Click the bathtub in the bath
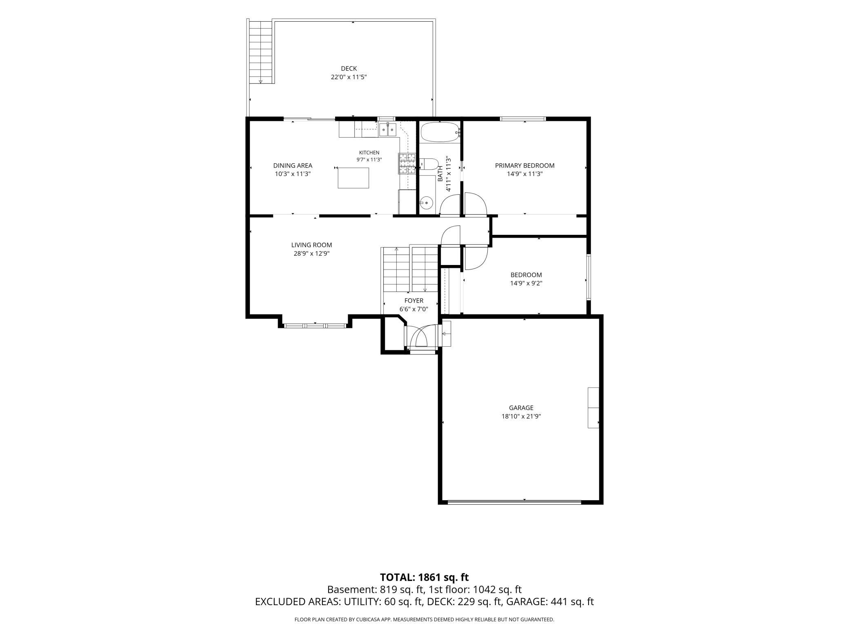pyautogui.click(x=440, y=132)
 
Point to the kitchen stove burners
pyautogui.click(x=407, y=163)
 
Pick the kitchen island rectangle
pyautogui.click(x=353, y=178)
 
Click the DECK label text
pyautogui.click(x=349, y=69)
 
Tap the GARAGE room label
pyautogui.click(x=521, y=408)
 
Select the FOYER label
pyautogui.click(x=414, y=301)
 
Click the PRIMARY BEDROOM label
pyautogui.click(x=525, y=165)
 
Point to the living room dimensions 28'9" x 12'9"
pyautogui.click(x=311, y=254)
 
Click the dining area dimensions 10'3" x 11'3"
pyautogui.click(x=293, y=174)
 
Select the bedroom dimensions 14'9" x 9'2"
pyautogui.click(x=526, y=283)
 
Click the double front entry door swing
pyautogui.click(x=422, y=335)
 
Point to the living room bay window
pyautogui.click(x=315, y=325)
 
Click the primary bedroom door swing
pyautogui.click(x=476, y=203)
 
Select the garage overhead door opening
pyautogui.click(x=514, y=502)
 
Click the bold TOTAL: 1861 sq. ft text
pyautogui.click(x=424, y=577)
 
